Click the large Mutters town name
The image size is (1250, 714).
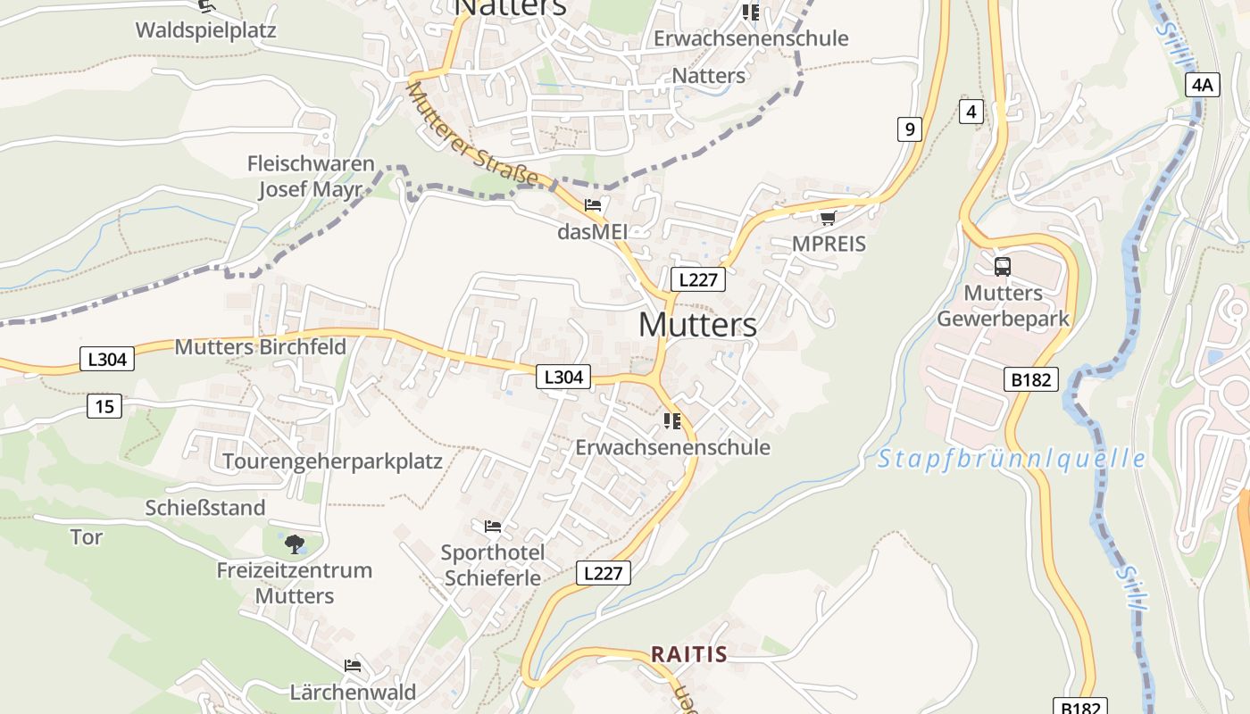pyautogui.click(x=697, y=325)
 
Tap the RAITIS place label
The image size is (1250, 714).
pyautogui.click(x=688, y=654)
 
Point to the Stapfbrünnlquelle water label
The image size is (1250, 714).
pyautogui.click(x=1011, y=460)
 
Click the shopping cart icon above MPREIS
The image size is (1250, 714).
pyautogui.click(x=828, y=218)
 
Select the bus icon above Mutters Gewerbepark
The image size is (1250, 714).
pyautogui.click(x=1002, y=266)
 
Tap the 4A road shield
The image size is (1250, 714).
pyautogui.click(x=1202, y=85)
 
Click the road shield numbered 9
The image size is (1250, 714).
pyautogui.click(x=909, y=129)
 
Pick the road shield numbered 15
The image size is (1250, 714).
pyautogui.click(x=104, y=407)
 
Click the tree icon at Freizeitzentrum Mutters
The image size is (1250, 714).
pyautogui.click(x=294, y=544)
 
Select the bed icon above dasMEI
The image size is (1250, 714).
pyautogui.click(x=592, y=205)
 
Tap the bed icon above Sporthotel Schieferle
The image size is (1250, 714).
pyautogui.click(x=492, y=526)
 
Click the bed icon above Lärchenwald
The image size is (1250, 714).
pyautogui.click(x=353, y=666)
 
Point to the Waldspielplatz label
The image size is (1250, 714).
pyautogui.click(x=205, y=30)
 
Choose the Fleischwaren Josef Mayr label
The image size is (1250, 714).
pyautogui.click(x=310, y=177)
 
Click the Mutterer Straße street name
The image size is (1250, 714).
pyautogui.click(x=472, y=135)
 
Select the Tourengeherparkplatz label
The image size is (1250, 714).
pyautogui.click(x=332, y=461)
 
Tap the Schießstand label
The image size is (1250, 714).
pyautogui.click(x=205, y=508)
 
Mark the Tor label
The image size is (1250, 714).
pyautogui.click(x=87, y=537)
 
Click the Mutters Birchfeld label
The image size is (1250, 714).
pyautogui.click(x=260, y=347)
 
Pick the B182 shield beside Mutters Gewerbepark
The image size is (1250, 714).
pyautogui.click(x=1031, y=379)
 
